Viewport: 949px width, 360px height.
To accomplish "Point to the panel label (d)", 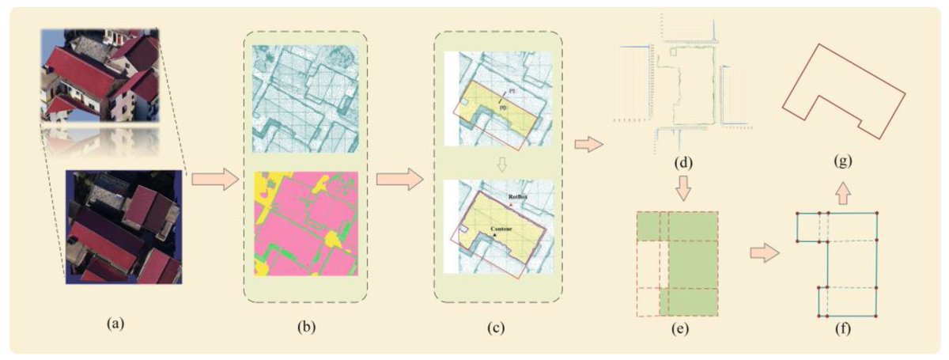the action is click(681, 165).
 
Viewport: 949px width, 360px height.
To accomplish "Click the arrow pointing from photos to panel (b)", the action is click(214, 180).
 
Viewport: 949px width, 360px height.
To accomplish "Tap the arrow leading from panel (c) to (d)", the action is click(588, 146).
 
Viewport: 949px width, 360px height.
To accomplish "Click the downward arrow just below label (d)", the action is click(681, 191).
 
